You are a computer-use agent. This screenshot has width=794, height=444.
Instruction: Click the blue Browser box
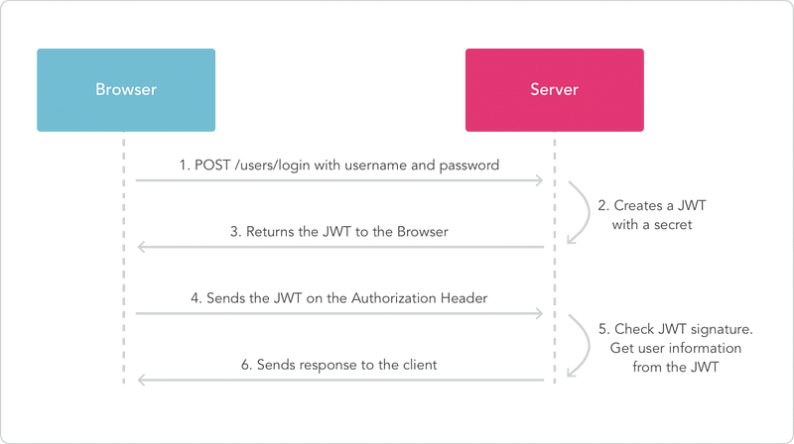pyautogui.click(x=126, y=90)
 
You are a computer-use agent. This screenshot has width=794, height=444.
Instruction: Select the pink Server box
pyautogui.click(x=555, y=90)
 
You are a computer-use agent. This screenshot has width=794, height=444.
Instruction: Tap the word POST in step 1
pyautogui.click(x=212, y=166)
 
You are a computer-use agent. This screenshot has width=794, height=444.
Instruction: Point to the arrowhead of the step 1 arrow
pyautogui.click(x=540, y=180)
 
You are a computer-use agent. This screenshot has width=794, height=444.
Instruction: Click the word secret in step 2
pyautogui.click(x=672, y=225)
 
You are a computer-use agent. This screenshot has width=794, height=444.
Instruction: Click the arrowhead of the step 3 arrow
pyautogui.click(x=141, y=247)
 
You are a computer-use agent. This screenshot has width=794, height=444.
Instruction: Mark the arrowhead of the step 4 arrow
pyautogui.click(x=540, y=313)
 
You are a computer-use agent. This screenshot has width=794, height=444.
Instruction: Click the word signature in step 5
pyautogui.click(x=722, y=330)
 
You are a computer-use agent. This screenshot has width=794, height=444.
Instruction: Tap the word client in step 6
pyautogui.click(x=420, y=365)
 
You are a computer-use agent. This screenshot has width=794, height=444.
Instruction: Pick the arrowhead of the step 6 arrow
pyautogui.click(x=141, y=380)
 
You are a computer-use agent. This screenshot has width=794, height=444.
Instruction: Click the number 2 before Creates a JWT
pyautogui.click(x=602, y=206)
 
